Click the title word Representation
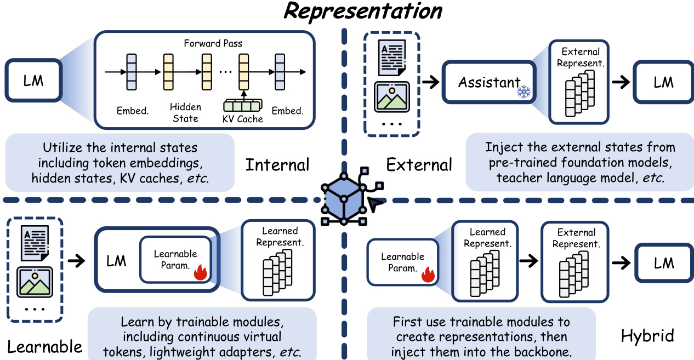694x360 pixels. click(362, 12)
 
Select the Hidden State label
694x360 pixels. click(185, 112)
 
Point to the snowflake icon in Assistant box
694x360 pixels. click(525, 92)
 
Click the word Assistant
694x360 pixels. click(489, 83)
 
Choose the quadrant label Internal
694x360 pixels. click(277, 165)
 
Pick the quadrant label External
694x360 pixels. click(419, 165)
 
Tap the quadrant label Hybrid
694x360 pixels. click(647, 336)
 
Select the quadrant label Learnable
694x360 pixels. click(45, 346)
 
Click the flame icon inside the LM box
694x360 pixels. click(201, 272)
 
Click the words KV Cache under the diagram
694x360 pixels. click(242, 119)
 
